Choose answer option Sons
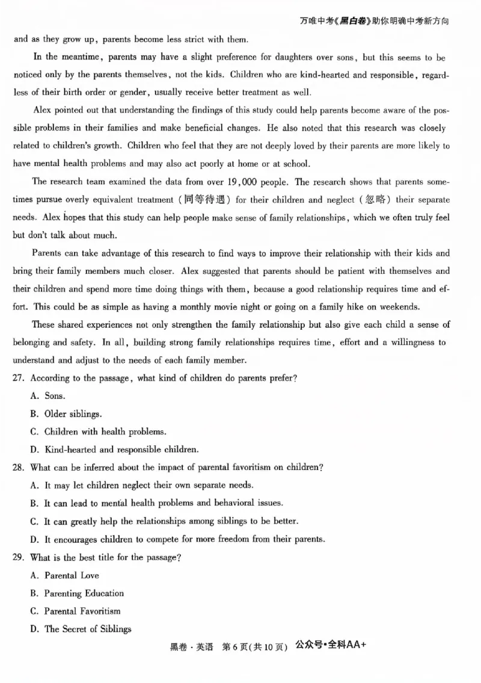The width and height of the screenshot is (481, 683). pyautogui.click(x=55, y=396)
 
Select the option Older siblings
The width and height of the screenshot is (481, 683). pyautogui.click(x=73, y=414)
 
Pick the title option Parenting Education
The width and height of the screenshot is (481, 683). pyautogui.click(x=84, y=593)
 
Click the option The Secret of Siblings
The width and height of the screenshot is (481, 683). pyautogui.click(x=87, y=629)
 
